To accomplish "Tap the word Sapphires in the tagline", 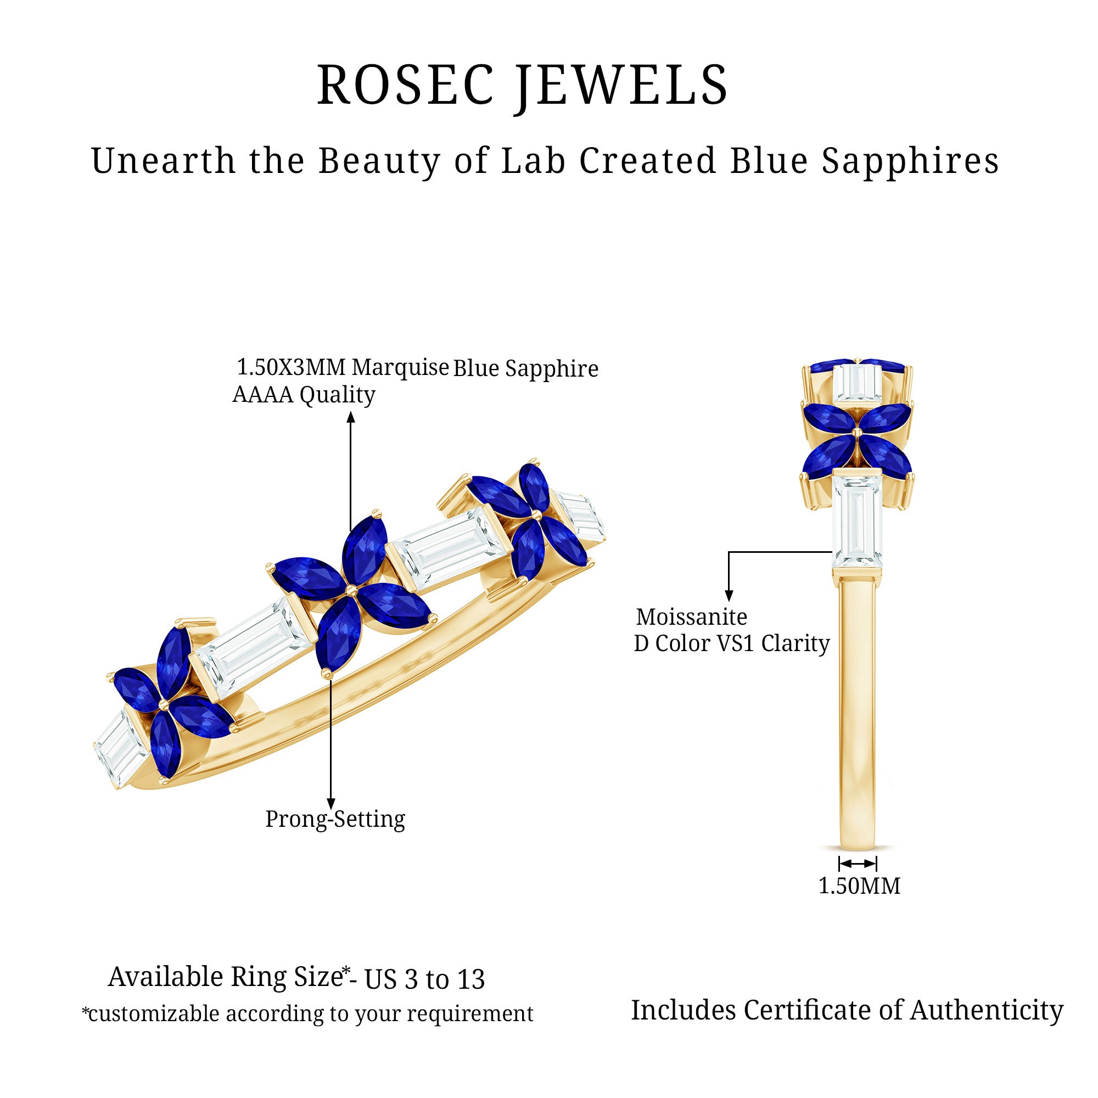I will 910,161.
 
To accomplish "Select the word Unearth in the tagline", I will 163,161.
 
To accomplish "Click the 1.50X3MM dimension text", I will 291,368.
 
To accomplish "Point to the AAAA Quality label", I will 304,395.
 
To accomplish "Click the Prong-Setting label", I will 335,819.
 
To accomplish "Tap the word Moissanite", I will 692,617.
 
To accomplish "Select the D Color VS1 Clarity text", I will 731,644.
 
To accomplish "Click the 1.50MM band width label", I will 859,886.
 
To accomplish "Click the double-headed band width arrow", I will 858,864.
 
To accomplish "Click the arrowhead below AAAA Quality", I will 351,418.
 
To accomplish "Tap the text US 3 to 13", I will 424,979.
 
